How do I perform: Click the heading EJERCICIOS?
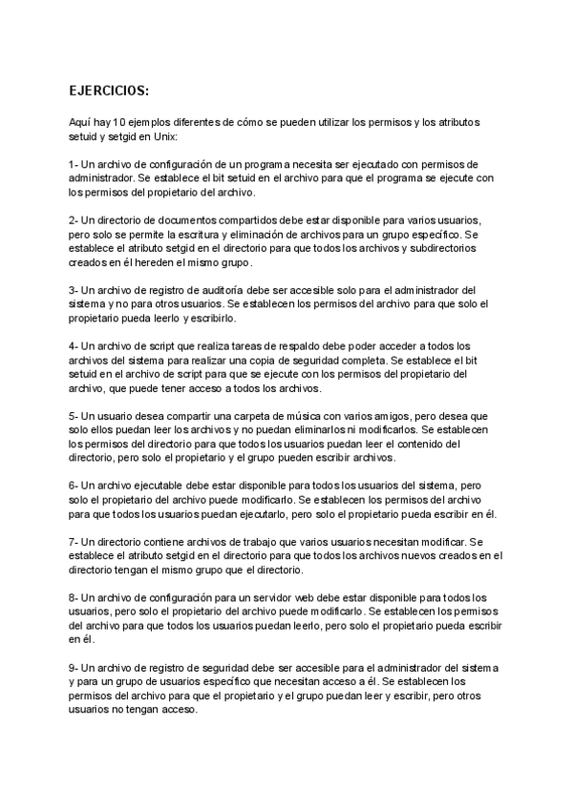coord(109,92)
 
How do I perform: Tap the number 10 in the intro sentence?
coord(118,124)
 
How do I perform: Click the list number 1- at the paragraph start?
coord(74,164)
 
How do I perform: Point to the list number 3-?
coord(74,289)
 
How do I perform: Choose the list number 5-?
coord(74,416)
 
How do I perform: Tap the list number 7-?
coord(74,541)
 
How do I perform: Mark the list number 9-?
coord(74,666)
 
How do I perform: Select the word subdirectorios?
coord(425,247)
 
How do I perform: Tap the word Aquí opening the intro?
coord(81,124)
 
